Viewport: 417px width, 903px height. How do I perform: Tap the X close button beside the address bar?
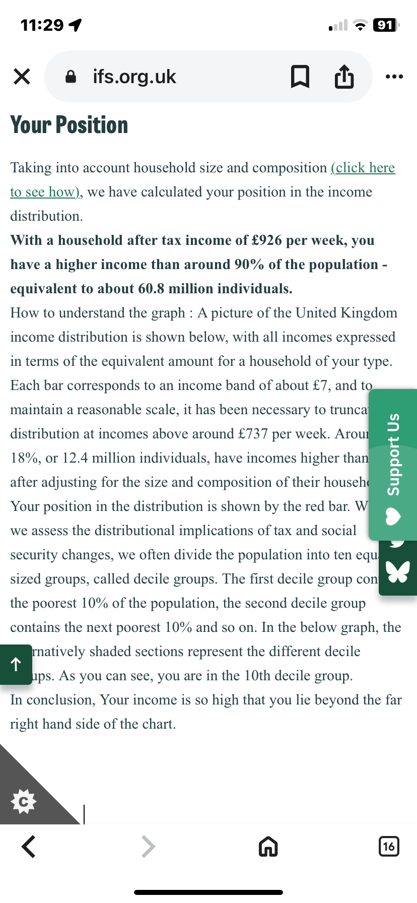[22, 77]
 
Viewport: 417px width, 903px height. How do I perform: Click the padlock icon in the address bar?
[71, 77]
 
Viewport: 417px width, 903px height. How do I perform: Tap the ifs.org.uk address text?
[134, 77]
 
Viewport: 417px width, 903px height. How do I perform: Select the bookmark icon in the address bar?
[300, 77]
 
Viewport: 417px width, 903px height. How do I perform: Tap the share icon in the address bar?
[344, 77]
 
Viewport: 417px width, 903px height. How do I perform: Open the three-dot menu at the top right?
[394, 77]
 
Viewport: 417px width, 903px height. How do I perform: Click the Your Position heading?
[69, 125]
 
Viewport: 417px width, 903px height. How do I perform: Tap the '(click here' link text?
[363, 167]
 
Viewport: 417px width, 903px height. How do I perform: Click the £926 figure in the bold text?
[267, 240]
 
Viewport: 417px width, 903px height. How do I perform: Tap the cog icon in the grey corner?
[24, 801]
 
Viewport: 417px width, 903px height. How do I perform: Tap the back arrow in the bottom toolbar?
[29, 846]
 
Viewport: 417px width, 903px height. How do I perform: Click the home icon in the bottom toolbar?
[268, 847]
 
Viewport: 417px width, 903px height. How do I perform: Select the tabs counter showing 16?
[388, 846]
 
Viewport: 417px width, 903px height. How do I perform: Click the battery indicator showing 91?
[385, 25]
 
